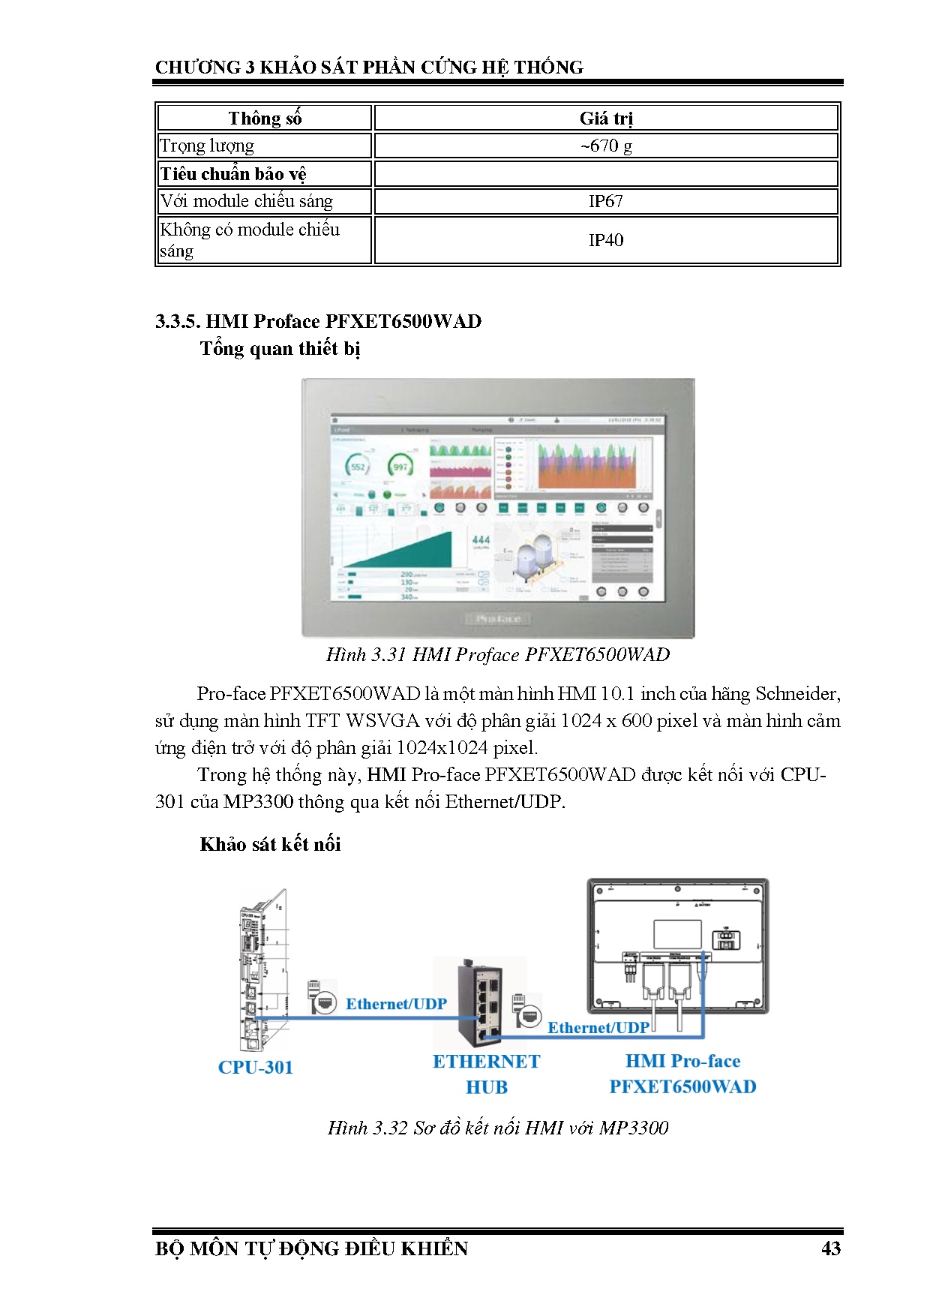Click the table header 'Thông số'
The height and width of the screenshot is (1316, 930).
tap(265, 119)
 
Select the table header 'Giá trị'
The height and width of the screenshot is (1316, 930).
tap(606, 119)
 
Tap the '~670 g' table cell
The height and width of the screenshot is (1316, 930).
tap(606, 146)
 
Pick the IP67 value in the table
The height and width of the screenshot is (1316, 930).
tap(606, 201)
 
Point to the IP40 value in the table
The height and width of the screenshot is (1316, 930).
tap(606, 240)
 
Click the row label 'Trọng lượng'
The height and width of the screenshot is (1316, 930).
tap(207, 146)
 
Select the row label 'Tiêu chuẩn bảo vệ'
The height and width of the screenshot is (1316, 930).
tap(233, 174)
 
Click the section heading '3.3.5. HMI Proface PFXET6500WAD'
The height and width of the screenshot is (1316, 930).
tap(318, 321)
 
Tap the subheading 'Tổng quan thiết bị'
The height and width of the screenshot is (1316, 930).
tap(280, 349)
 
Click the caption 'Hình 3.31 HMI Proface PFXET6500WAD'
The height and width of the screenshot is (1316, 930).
tap(498, 655)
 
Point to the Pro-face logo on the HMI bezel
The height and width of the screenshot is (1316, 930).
tap(498, 619)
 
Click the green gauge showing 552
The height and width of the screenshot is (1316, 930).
tap(358, 467)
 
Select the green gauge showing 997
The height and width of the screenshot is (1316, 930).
tap(400, 467)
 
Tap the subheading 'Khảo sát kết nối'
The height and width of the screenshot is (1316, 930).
tap(270, 845)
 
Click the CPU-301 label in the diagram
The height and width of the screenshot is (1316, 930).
tap(255, 1068)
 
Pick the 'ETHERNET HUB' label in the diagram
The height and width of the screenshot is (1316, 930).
tap(486, 1074)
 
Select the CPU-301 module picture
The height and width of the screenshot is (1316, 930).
tap(262, 972)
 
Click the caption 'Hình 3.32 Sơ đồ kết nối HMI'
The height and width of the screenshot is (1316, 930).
tap(498, 1128)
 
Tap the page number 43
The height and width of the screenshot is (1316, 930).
tap(831, 1248)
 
